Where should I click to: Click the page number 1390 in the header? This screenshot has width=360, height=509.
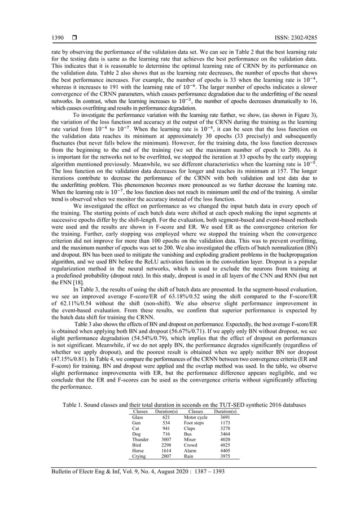(58, 38)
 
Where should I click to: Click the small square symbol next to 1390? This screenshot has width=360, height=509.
(73, 38)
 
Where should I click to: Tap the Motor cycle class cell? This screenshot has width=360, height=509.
(196, 417)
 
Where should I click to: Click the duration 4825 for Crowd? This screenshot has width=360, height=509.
(225, 444)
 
